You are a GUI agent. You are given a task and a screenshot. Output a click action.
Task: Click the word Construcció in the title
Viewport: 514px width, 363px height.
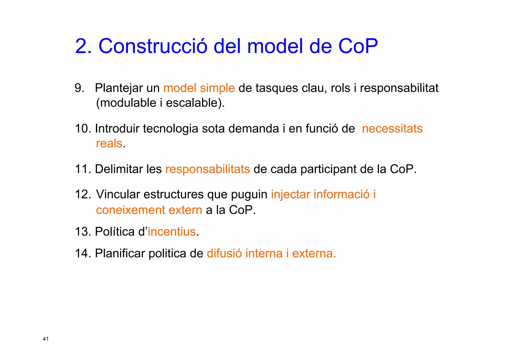click(153, 46)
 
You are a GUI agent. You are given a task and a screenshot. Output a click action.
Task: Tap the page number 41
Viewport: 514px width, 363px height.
click(46, 339)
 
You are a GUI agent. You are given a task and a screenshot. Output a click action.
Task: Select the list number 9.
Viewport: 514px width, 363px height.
click(79, 88)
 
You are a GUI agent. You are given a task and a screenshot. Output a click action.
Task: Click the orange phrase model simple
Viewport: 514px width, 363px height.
click(199, 88)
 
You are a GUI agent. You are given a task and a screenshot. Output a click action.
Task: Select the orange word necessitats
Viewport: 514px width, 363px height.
click(392, 129)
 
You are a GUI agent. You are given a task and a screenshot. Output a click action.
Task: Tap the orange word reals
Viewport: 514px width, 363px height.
click(109, 143)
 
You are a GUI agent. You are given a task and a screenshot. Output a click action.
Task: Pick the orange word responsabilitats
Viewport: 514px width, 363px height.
click(208, 169)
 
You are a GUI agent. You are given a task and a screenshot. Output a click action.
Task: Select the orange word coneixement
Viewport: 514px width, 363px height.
click(131, 210)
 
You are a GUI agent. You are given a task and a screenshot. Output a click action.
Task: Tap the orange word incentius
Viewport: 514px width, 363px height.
click(172, 231)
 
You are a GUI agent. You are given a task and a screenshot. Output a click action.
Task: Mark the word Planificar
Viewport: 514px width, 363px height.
click(120, 253)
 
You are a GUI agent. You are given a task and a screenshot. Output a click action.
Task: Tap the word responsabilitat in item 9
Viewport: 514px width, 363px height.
click(399, 88)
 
